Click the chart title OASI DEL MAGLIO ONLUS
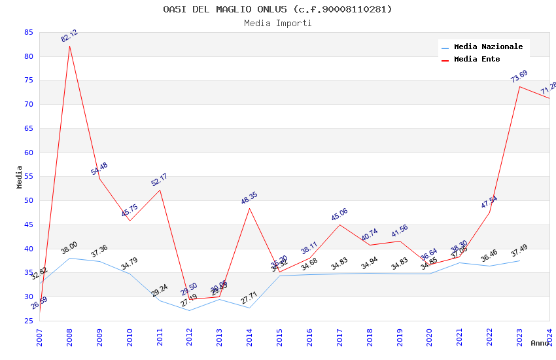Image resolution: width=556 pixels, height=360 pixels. (x=277, y=9)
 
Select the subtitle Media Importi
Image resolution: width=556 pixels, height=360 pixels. (x=277, y=24)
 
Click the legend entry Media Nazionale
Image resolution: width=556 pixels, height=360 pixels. (x=488, y=47)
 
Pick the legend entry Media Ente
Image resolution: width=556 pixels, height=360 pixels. (x=477, y=59)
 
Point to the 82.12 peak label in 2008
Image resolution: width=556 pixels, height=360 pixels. (x=69, y=36)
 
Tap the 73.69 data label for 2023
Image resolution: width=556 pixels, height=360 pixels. (x=519, y=77)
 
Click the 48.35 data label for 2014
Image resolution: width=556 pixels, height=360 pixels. (x=249, y=198)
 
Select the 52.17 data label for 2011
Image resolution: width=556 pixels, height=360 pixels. (x=159, y=180)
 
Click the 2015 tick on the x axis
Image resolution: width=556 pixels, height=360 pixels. (x=280, y=337)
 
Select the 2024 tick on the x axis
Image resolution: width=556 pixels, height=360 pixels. (x=549, y=337)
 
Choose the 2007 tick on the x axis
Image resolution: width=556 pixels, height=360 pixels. (x=40, y=337)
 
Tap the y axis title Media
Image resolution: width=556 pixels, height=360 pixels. (x=20, y=177)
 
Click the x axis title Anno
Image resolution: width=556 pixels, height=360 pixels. (x=540, y=343)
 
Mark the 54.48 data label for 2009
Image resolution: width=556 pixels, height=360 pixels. (x=99, y=169)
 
